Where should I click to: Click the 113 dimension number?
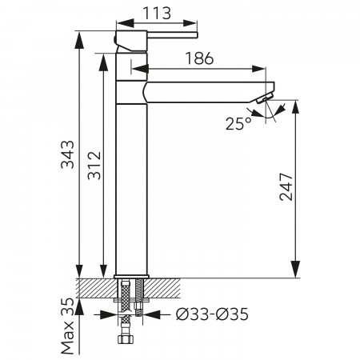[x=157, y=13]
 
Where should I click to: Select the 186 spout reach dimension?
[x=199, y=58]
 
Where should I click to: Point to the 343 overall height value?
[x=68, y=154]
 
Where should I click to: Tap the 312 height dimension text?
[x=94, y=166]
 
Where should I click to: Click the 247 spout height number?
[x=286, y=186]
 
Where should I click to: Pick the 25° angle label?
[x=238, y=124]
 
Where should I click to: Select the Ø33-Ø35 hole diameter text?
[x=212, y=314]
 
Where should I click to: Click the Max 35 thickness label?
[x=68, y=326]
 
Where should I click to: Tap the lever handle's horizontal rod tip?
[x=196, y=35]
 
